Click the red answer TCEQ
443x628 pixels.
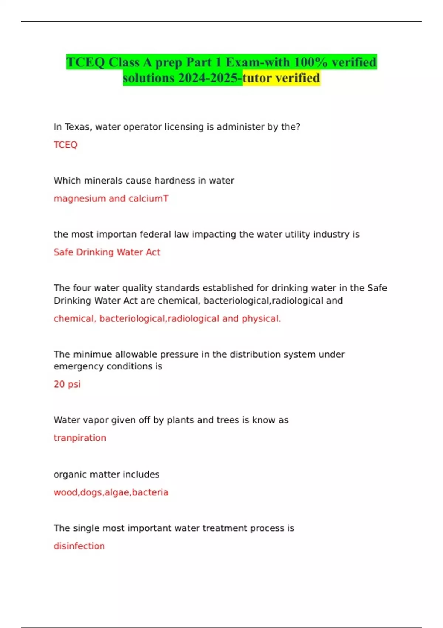pyautogui.click(x=65, y=145)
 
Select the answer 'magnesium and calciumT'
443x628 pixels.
pyautogui.click(x=111, y=198)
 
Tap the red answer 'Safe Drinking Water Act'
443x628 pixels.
pyautogui.click(x=107, y=252)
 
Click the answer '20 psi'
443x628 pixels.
pyautogui.click(x=67, y=384)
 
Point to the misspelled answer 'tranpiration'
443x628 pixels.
pyautogui.click(x=80, y=438)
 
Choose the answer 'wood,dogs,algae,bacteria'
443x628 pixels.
pyautogui.click(x=111, y=492)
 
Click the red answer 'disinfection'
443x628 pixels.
pyautogui.click(x=79, y=546)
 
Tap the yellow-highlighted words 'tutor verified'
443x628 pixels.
pyautogui.click(x=281, y=78)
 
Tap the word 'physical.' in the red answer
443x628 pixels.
pyautogui.click(x=261, y=318)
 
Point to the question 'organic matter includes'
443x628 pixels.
pyautogui.click(x=106, y=474)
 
